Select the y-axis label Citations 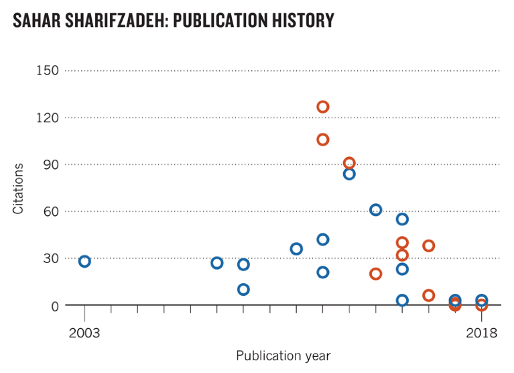click(x=18, y=189)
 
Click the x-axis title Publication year click(x=283, y=355)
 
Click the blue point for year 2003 click(x=84, y=261)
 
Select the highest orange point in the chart click(x=323, y=107)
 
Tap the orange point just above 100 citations click(x=323, y=140)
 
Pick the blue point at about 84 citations click(x=349, y=174)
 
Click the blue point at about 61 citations click(x=376, y=210)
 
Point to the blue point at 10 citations click(x=243, y=289)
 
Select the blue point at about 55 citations click(x=402, y=219)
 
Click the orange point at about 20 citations click(x=376, y=274)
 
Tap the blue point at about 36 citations click(x=296, y=249)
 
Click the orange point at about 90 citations click(x=349, y=164)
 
